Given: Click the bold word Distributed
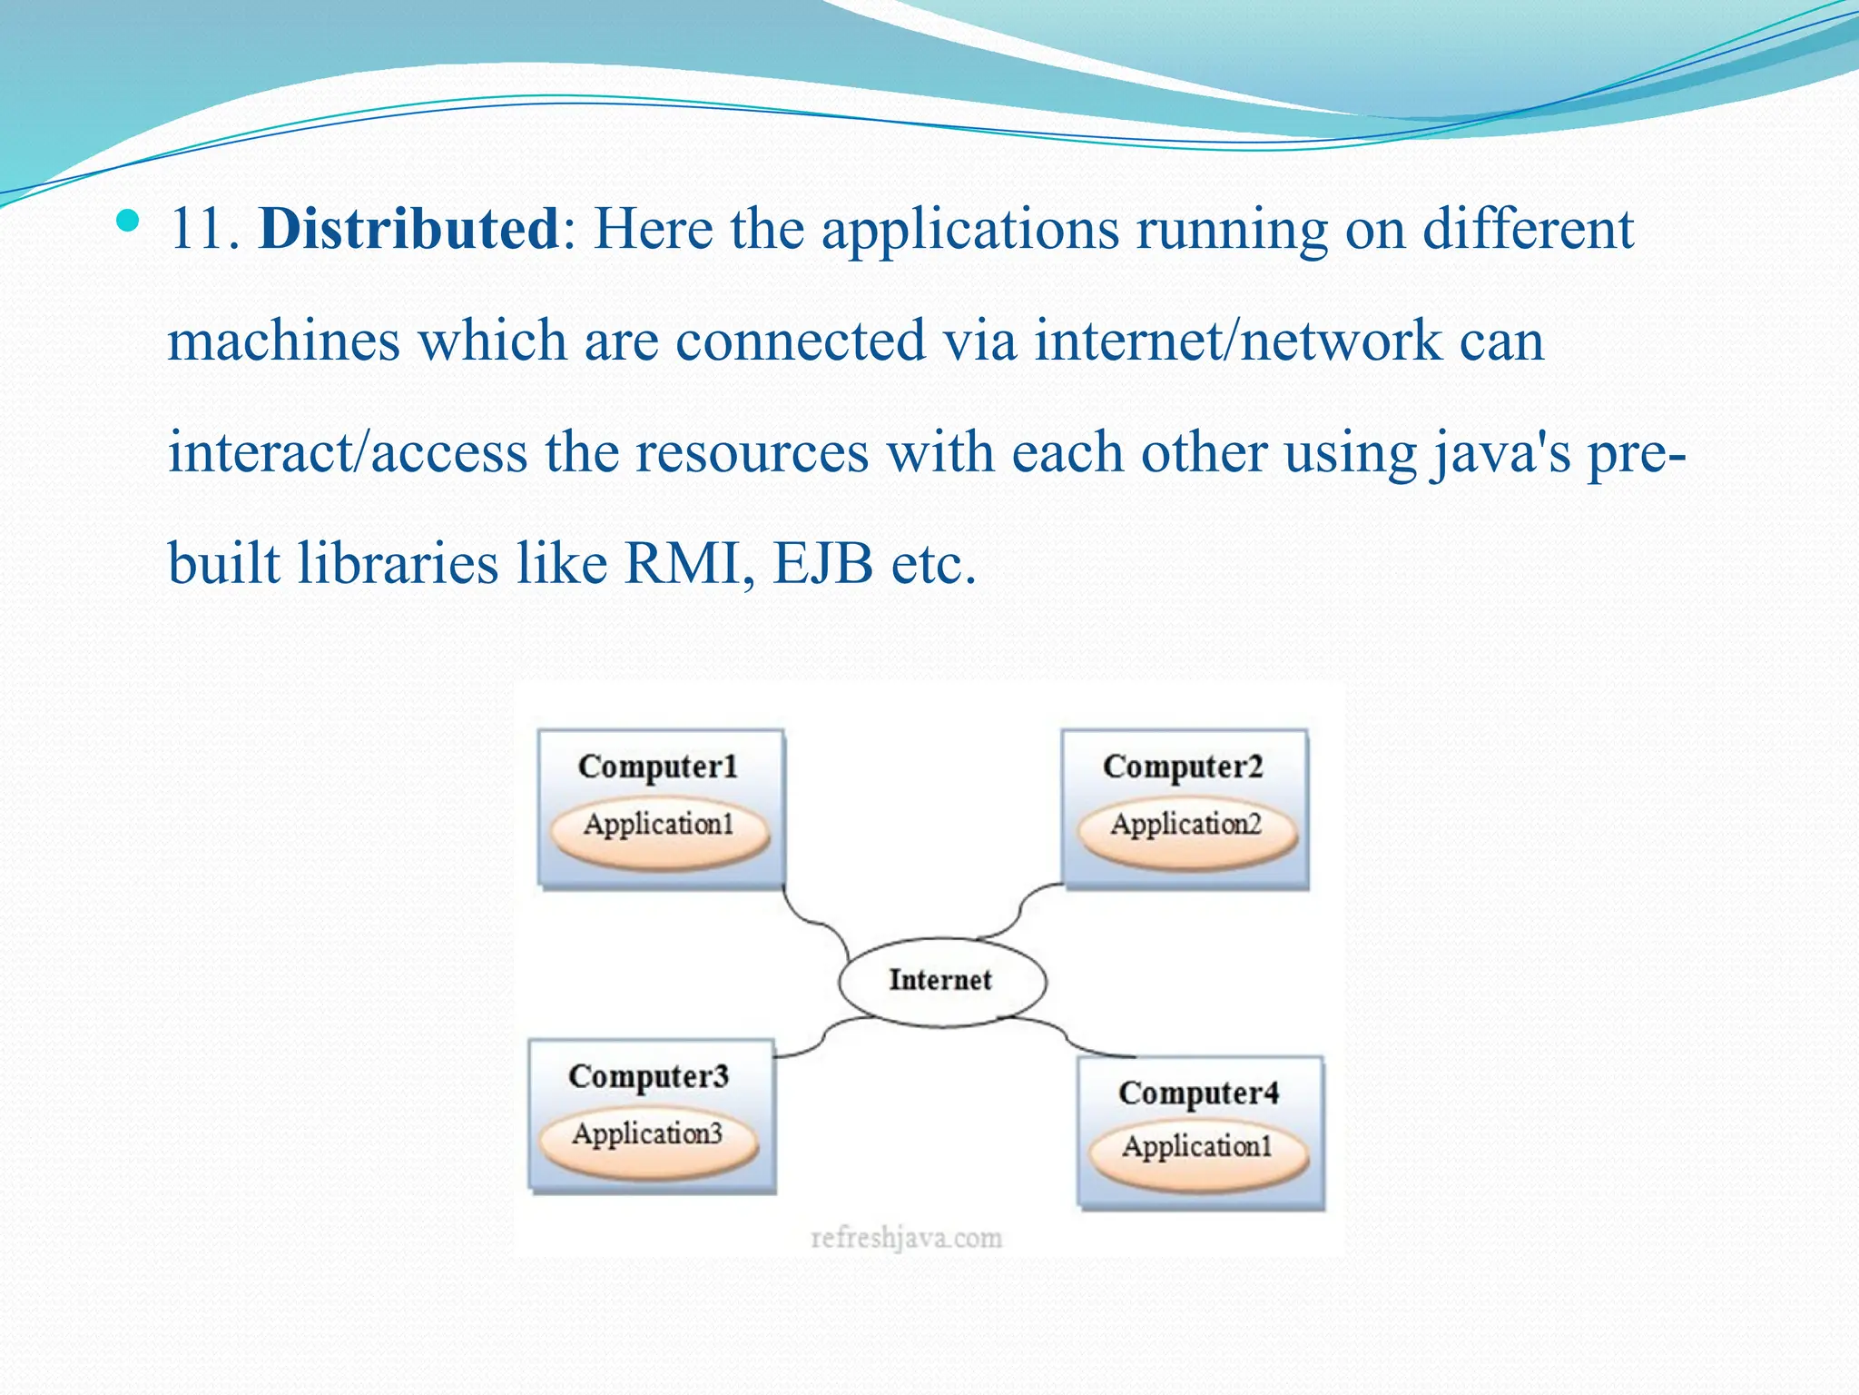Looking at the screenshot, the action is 408,228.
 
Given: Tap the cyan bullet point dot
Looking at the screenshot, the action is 129,220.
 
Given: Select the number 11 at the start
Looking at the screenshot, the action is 197,229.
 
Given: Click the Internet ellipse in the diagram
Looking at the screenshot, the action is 941,981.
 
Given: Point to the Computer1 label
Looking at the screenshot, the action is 658,767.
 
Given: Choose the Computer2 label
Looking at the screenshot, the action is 1183,767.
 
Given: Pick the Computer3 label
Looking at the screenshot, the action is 648,1076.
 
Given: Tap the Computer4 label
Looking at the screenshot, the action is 1198,1093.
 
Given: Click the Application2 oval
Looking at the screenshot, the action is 1186,826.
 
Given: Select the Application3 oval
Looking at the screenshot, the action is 648,1136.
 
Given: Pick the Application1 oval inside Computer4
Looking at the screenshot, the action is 1198,1149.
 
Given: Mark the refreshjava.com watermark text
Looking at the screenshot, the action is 906,1238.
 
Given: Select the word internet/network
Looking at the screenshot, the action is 1237,341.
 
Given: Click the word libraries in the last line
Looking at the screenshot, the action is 398,564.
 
